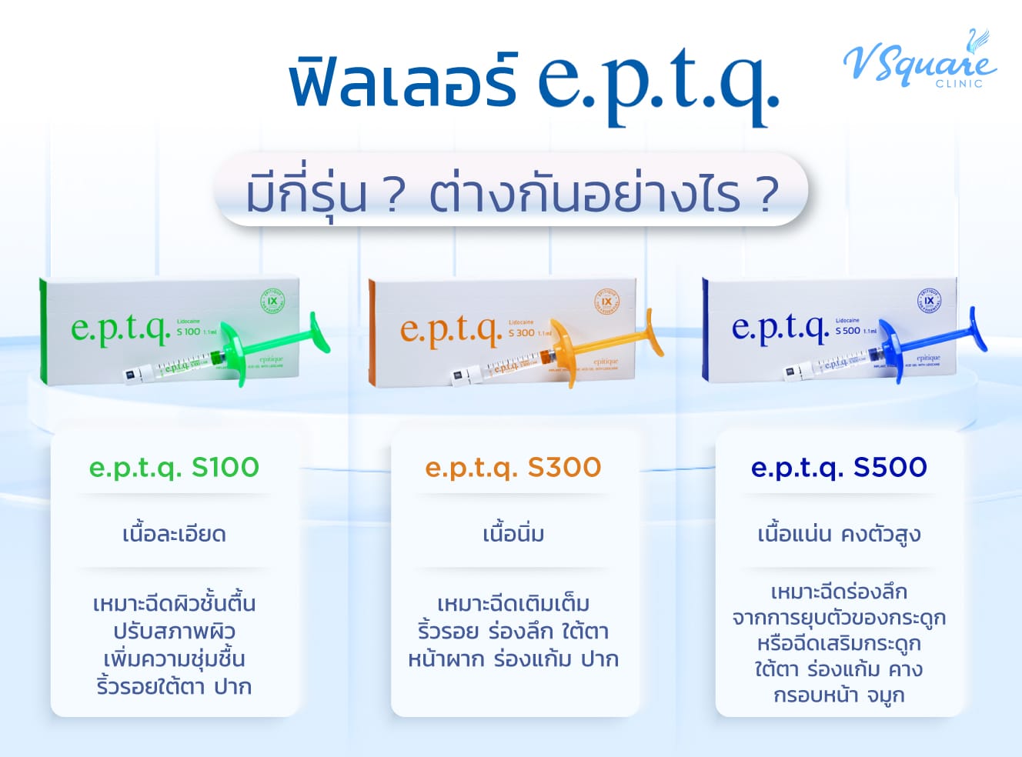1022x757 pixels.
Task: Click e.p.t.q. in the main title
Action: [x=657, y=85]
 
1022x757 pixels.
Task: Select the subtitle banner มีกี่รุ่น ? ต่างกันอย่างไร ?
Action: [x=511, y=192]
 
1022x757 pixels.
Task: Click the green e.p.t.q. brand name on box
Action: [x=121, y=328]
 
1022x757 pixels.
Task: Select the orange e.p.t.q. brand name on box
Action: [x=450, y=330]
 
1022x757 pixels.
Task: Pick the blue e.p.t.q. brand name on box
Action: [x=779, y=328]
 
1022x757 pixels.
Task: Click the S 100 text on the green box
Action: [x=189, y=332]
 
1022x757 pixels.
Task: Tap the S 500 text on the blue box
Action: [x=848, y=331]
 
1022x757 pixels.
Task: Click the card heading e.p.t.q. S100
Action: [x=174, y=467]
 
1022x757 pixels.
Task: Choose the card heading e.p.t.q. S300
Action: [x=513, y=467]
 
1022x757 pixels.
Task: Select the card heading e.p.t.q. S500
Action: [x=839, y=467]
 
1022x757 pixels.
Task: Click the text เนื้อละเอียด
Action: [x=174, y=534]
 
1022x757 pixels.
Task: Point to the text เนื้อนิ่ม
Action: [x=513, y=534]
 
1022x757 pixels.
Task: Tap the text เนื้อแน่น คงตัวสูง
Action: [x=839, y=534]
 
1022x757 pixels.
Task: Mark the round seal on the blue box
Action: [x=929, y=300]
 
